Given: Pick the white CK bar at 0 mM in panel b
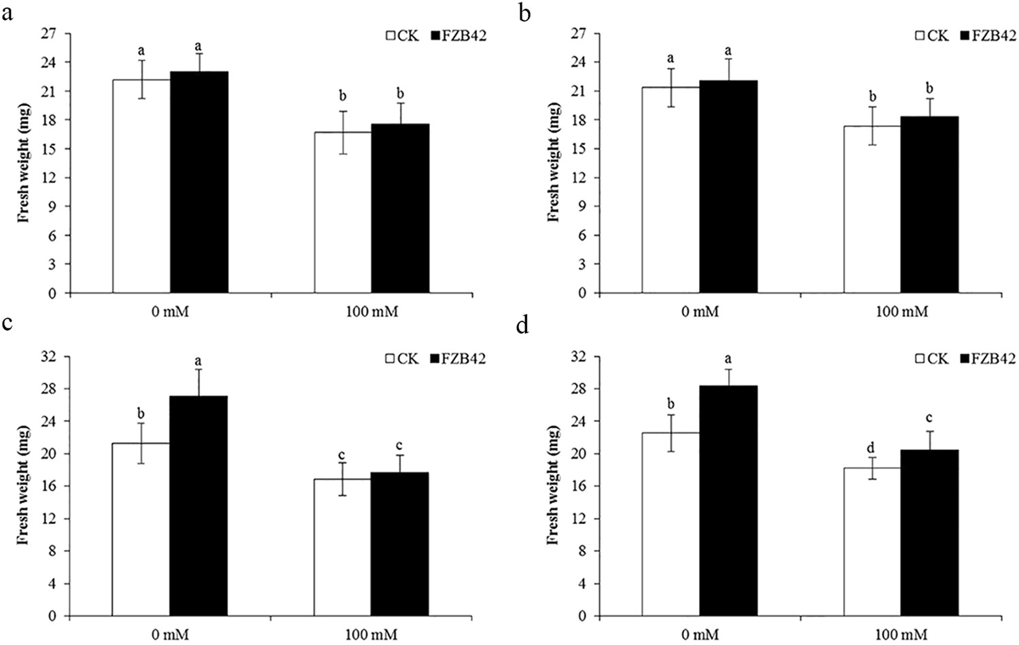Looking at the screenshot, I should click(671, 190).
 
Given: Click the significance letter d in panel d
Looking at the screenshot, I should click(872, 448).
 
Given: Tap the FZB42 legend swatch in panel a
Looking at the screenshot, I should click(436, 35).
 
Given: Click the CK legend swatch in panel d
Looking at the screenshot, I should click(921, 358).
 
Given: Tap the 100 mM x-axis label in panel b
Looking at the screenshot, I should click(901, 312).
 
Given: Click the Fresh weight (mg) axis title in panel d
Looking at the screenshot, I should click(554, 485).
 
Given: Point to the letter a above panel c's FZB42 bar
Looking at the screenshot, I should click(198, 360).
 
